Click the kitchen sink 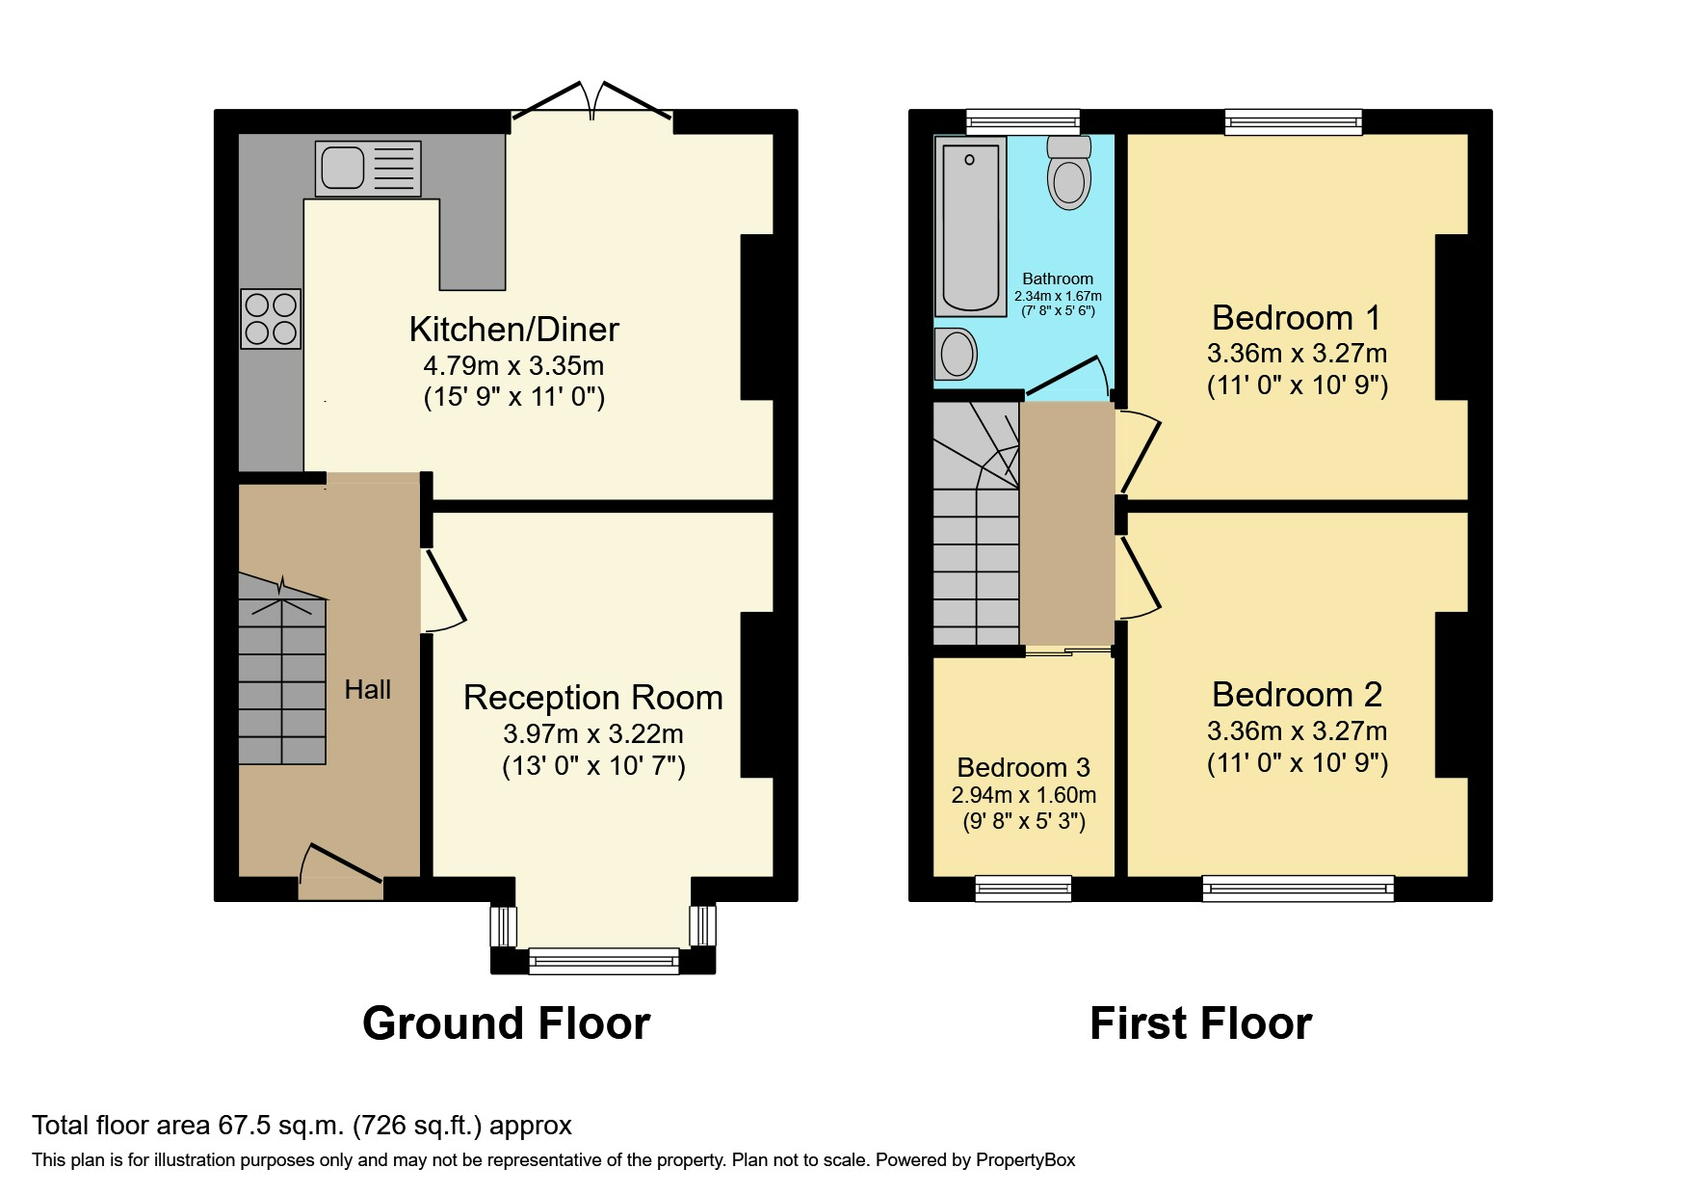click(367, 169)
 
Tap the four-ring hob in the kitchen click(271, 319)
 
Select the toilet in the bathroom click(1068, 174)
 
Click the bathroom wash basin click(956, 354)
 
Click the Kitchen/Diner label click(513, 330)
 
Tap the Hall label click(368, 689)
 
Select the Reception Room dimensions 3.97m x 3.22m click(592, 734)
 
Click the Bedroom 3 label click(1023, 768)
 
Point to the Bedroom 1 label click(1296, 318)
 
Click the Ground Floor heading click(506, 1023)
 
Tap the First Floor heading click(1200, 1023)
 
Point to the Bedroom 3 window click(1023, 888)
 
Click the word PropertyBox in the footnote click(1025, 1160)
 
